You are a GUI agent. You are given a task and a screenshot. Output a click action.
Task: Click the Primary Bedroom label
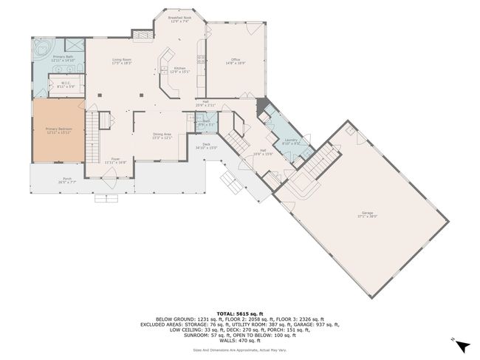(58, 129)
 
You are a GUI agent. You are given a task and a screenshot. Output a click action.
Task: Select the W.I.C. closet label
(65, 84)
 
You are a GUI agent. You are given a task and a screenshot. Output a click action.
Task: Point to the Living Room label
(122, 61)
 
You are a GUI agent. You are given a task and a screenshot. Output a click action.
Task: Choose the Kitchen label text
(180, 69)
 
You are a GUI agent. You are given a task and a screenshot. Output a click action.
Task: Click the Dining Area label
(162, 135)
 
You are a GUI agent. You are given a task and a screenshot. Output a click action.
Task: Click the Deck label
(207, 146)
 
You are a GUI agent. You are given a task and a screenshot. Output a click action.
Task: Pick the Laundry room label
(290, 140)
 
